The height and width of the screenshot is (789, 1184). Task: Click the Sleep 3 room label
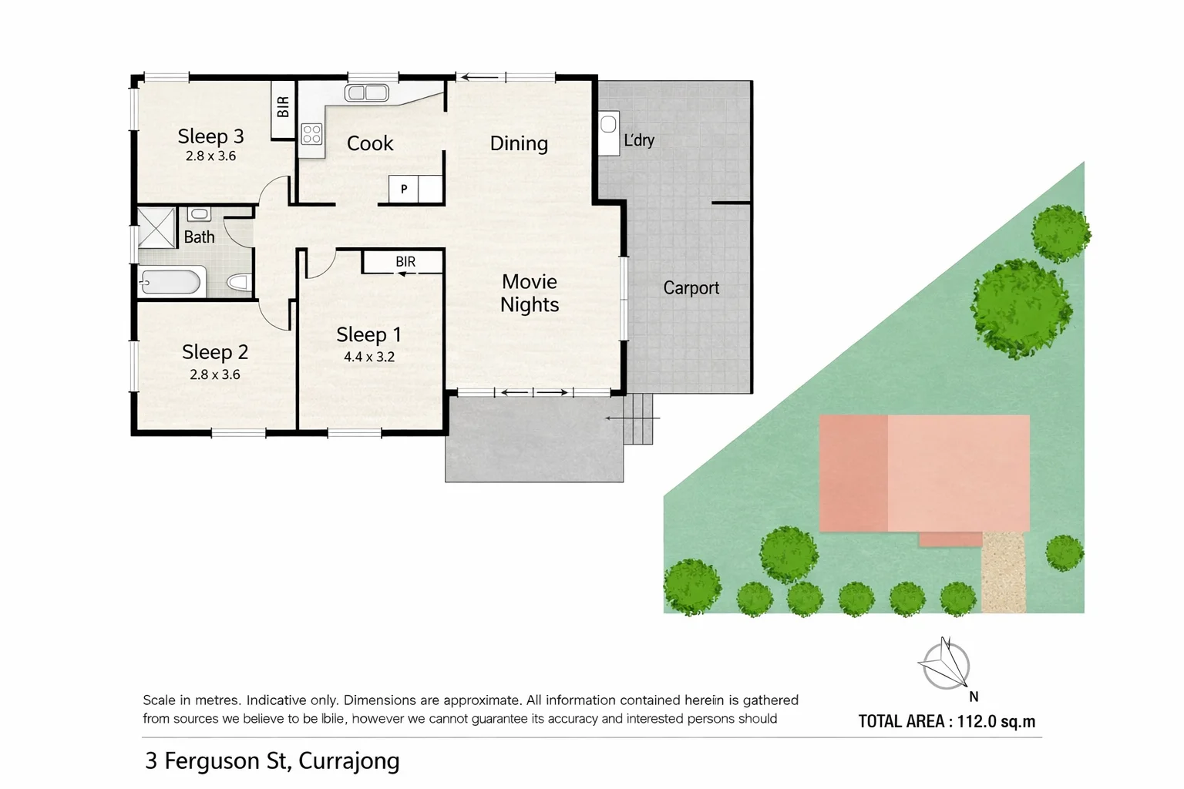(210, 136)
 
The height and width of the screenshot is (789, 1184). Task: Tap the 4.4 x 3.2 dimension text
(368, 357)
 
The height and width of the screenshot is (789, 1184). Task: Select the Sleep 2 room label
(214, 352)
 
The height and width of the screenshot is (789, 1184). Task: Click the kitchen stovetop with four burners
(311, 134)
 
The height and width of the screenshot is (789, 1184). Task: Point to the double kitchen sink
(366, 93)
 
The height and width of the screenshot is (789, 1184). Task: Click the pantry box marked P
(403, 189)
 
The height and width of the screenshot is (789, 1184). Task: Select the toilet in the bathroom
(240, 283)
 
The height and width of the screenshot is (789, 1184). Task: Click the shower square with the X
(156, 227)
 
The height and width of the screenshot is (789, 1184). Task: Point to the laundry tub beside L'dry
(608, 124)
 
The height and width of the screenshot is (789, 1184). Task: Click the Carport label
(691, 288)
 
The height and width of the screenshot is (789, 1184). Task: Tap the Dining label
(519, 143)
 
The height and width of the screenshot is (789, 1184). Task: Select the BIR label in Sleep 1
(405, 262)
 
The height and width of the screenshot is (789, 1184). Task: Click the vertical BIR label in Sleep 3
(283, 106)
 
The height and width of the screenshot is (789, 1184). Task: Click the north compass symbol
(946, 665)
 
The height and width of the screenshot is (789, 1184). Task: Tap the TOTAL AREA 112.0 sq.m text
(947, 721)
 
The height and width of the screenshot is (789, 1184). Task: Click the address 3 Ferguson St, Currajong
(272, 760)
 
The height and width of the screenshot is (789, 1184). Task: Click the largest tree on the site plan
(1020, 307)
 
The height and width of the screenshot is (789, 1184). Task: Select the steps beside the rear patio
(638, 419)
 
